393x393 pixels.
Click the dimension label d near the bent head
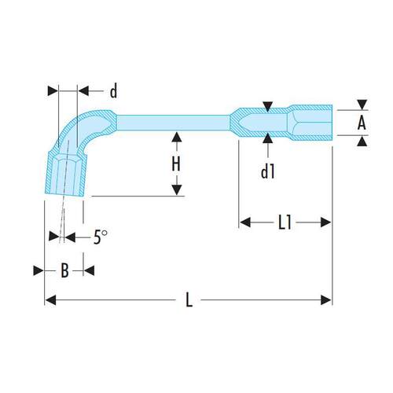tap(113, 91)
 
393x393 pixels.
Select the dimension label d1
tap(268, 171)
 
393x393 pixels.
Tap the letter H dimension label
tap(176, 164)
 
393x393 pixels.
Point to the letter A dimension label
tap(362, 123)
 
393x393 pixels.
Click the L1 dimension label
tap(285, 223)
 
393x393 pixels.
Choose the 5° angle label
tap(101, 237)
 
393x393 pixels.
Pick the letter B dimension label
tap(64, 270)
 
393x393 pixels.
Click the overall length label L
tap(189, 300)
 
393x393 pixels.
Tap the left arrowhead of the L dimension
tap(50, 300)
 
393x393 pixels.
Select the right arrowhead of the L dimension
tap(326, 300)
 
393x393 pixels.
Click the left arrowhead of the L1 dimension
tap(245, 222)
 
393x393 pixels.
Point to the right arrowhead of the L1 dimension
tap(326, 222)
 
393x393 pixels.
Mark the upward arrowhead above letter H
tap(177, 138)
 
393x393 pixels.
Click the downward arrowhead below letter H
tap(177, 190)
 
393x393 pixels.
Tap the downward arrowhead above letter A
tap(362, 105)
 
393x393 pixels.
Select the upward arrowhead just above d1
tap(268, 138)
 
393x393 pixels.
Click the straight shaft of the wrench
tap(173, 123)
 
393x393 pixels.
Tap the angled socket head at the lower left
tap(65, 174)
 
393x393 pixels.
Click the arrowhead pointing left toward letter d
tap(83, 91)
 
